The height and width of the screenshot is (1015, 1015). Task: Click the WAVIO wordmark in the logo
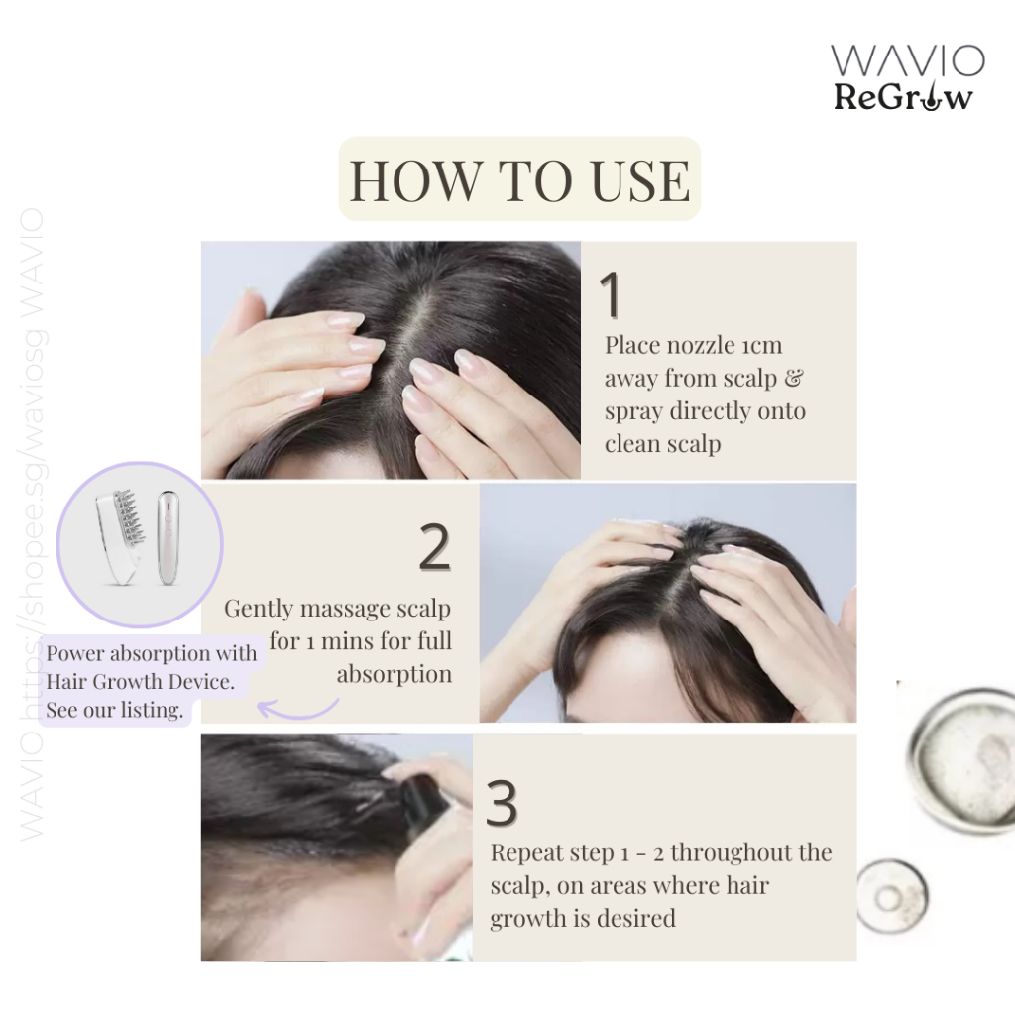point(908,60)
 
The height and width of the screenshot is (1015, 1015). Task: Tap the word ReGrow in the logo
point(903,98)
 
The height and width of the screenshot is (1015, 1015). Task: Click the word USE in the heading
point(640,180)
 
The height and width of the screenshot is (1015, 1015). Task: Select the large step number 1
point(611,294)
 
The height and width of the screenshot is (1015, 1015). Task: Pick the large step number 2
point(435,547)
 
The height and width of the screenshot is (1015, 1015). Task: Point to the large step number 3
point(503,803)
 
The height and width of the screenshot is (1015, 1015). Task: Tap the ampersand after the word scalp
point(794,378)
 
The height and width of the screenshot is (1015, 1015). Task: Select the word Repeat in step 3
point(521,853)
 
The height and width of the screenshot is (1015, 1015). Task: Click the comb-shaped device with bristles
point(120,535)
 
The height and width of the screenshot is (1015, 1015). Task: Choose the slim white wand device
point(168,536)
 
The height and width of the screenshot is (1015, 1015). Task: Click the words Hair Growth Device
point(140,682)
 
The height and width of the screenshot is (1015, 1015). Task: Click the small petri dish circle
point(892,897)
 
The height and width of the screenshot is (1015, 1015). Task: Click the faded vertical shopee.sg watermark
point(32,524)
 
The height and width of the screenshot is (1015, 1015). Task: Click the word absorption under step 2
point(395,675)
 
